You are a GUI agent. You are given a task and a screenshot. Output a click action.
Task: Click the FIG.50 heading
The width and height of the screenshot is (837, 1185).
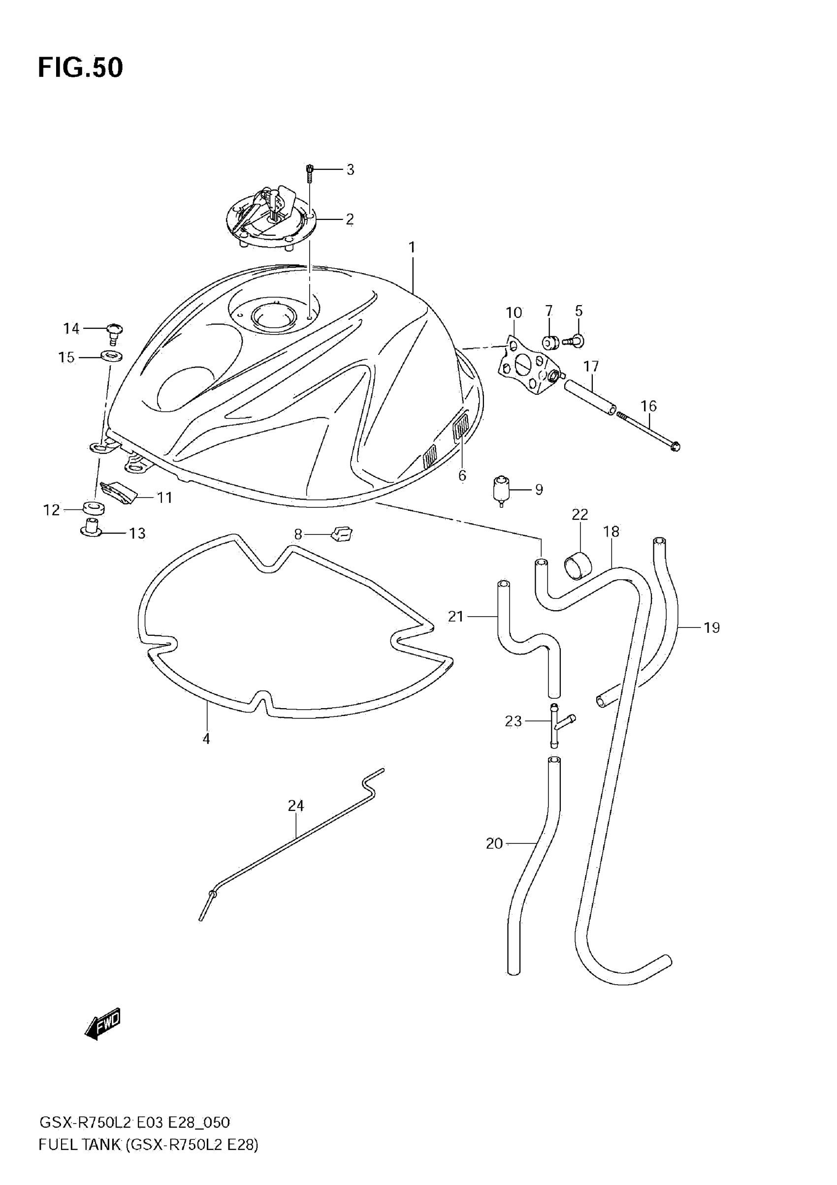[80, 67]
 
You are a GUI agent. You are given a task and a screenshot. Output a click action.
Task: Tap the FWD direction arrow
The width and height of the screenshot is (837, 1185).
[103, 1023]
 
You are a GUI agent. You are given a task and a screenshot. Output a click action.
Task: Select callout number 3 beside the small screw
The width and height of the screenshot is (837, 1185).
[350, 170]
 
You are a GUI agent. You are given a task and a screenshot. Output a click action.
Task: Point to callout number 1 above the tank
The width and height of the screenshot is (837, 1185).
[412, 248]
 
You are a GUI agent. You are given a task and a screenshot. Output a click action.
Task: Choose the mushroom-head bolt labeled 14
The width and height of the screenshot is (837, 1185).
[115, 330]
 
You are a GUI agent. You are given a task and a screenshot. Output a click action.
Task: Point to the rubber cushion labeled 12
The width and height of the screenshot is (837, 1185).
[94, 508]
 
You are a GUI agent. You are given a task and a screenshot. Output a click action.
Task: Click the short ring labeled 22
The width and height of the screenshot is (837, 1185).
[578, 565]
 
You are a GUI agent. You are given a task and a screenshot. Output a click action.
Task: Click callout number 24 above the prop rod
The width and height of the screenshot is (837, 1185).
[296, 806]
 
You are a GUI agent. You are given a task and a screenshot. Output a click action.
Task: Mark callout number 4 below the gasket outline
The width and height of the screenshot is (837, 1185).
[206, 739]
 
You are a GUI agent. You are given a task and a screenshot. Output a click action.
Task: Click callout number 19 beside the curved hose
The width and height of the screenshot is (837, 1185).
[711, 627]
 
